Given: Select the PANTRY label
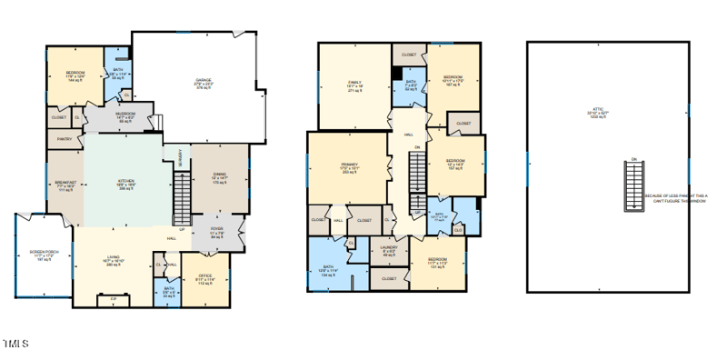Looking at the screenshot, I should (x=64, y=139).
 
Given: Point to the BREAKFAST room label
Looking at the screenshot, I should (x=65, y=185).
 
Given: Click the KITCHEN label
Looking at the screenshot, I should (x=125, y=182).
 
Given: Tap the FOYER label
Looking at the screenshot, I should (x=217, y=231).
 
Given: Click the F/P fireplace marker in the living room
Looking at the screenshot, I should (x=114, y=299).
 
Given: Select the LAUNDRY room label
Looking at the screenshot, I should (x=388, y=251).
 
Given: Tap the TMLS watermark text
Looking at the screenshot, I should (x=15, y=344).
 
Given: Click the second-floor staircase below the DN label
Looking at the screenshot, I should (x=416, y=173).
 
